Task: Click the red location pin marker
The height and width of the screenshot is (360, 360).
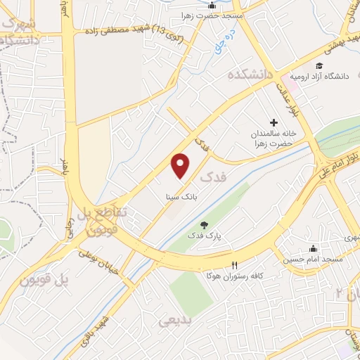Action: click(x=181, y=166)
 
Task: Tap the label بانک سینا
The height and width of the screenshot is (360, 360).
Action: click(x=181, y=197)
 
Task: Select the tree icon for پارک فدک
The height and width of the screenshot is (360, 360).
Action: click(x=204, y=224)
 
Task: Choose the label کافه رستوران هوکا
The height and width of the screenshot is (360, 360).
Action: click(x=228, y=276)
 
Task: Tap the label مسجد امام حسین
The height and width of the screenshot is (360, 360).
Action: click(x=312, y=260)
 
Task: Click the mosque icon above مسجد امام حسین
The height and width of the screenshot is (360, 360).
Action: click(x=313, y=249)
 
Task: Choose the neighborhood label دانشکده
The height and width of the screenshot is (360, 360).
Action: click(x=250, y=75)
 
